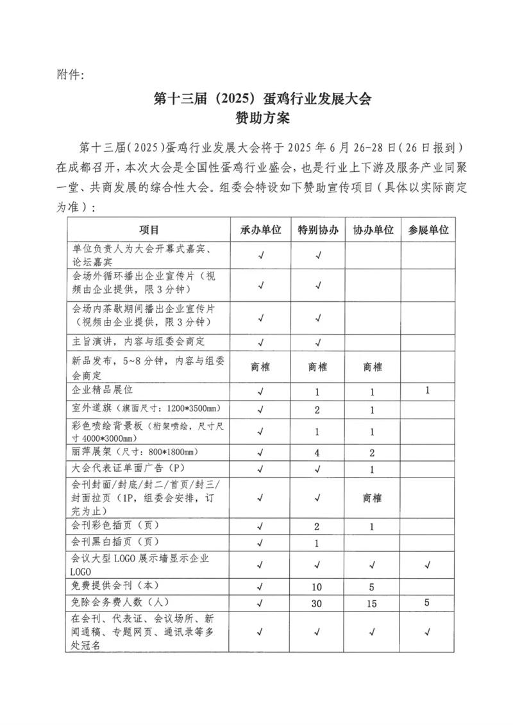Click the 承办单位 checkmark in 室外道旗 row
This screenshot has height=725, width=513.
pos(261,409)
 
